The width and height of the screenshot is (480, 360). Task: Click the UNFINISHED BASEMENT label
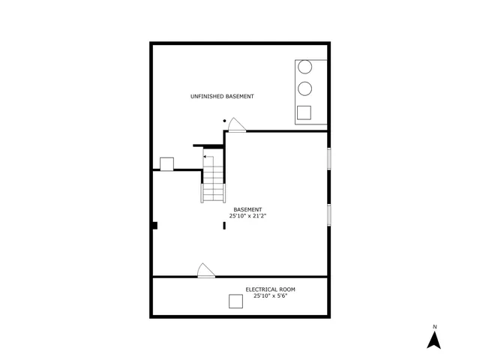point(222,97)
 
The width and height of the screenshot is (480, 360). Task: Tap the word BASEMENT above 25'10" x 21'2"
point(247,209)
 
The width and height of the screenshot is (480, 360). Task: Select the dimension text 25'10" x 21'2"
point(247,216)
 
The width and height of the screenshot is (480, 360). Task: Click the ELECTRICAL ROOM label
point(271,289)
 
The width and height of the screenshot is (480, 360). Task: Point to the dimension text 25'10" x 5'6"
point(271,295)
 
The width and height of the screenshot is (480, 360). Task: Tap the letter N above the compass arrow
point(434,326)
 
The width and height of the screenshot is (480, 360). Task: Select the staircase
point(214,183)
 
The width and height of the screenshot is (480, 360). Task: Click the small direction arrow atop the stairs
point(207,157)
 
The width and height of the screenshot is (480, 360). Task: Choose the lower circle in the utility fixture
point(305,89)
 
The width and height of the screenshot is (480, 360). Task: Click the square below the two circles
point(304,113)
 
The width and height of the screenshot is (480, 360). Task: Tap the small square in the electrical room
point(235,301)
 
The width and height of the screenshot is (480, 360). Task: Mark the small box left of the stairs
point(166,163)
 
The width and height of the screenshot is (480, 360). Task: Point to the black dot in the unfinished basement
point(223,121)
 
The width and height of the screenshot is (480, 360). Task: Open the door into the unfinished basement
point(237,125)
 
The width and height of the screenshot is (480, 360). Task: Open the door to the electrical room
point(205,271)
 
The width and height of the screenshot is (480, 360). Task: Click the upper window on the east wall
point(328,158)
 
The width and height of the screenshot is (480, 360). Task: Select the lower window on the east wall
point(328,214)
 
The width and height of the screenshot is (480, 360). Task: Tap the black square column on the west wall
point(154,225)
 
